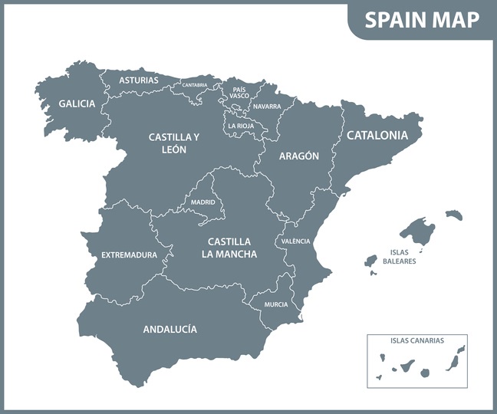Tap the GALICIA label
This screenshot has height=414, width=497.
tap(77, 103)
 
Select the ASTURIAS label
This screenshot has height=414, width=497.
tap(139, 80)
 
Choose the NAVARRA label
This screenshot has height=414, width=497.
tap(266, 107)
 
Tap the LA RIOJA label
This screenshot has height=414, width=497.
tap(242, 126)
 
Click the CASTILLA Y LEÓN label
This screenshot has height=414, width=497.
tap(174, 143)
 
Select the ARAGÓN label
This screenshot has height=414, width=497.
tap(298, 155)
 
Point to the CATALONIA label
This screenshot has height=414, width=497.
tap(377, 135)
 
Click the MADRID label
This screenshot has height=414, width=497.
tap(202, 202)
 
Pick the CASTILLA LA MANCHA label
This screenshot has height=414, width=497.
tap(229, 247)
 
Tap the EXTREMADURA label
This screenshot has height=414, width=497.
tap(129, 255)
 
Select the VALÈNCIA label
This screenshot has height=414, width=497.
tap(295, 241)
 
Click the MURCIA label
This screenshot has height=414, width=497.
tap(276, 304)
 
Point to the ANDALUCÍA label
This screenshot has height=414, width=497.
tap(170, 329)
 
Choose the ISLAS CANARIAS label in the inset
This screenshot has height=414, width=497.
tap(417, 340)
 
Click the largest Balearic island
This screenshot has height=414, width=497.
tap(418, 229)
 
